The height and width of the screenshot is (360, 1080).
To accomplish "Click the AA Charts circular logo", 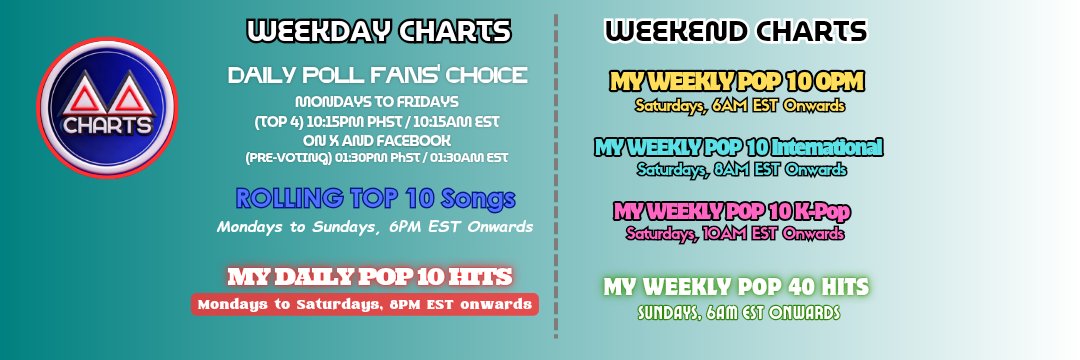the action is [x=107, y=107].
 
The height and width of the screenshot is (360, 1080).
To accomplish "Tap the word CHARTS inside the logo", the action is [x=107, y=126].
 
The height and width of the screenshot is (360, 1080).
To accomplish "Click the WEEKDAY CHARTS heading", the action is [x=379, y=31].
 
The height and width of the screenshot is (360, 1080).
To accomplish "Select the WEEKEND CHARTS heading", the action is [x=736, y=31].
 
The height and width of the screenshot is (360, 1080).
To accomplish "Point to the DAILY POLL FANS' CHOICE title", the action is [x=377, y=75].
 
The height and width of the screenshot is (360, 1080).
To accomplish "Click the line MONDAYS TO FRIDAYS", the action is [x=377, y=102].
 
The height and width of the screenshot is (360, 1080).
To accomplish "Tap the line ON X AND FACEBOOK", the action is [x=377, y=140].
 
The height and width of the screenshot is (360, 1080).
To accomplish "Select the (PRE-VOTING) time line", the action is [x=377, y=158].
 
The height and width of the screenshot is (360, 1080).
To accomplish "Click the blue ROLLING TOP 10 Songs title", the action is [x=375, y=198].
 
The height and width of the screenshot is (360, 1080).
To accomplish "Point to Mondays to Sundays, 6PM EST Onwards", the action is [x=375, y=226].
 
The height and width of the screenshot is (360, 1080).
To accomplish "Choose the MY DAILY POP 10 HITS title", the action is [x=370, y=277].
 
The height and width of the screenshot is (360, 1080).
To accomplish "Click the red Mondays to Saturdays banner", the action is [x=364, y=304].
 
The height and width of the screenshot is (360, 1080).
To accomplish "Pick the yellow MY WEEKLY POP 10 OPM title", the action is [x=736, y=82].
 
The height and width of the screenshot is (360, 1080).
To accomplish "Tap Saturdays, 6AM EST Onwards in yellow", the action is [x=740, y=106].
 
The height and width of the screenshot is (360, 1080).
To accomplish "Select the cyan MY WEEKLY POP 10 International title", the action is [x=738, y=147].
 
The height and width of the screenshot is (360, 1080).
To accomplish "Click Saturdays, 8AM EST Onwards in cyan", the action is [x=741, y=169].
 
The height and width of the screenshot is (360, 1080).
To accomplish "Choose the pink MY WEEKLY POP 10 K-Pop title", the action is [x=732, y=211].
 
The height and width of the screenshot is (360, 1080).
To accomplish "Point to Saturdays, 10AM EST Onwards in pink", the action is [x=735, y=233].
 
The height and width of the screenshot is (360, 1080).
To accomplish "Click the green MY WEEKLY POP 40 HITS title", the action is [x=736, y=286].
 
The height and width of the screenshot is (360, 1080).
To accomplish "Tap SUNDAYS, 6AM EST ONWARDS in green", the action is [x=739, y=313].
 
